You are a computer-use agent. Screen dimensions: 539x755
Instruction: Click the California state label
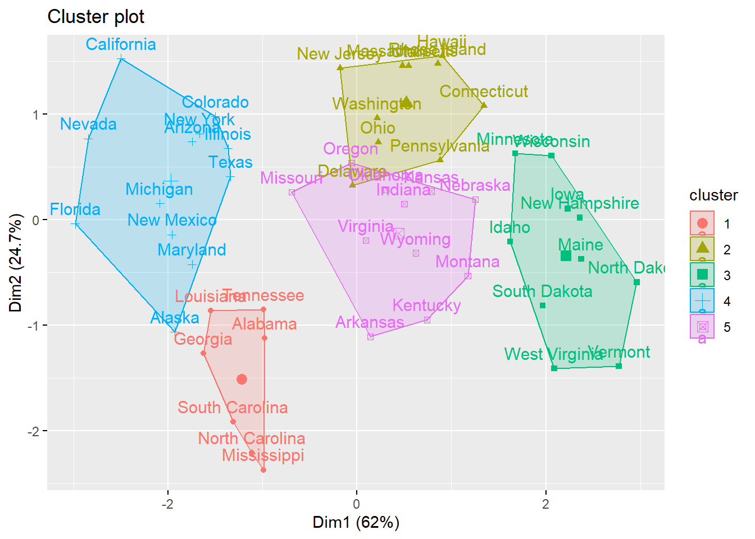click(x=121, y=44)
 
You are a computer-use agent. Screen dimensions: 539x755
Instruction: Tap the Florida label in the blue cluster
click(x=75, y=209)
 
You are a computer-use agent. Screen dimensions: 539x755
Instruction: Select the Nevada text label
click(x=88, y=124)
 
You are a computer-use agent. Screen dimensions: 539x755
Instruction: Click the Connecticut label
click(x=484, y=92)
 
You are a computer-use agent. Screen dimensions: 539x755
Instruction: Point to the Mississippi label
click(x=263, y=455)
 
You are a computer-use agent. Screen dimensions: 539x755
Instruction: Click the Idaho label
click(x=510, y=227)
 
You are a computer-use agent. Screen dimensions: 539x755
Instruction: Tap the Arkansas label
click(x=370, y=322)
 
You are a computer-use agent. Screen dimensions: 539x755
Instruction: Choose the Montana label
click(x=467, y=262)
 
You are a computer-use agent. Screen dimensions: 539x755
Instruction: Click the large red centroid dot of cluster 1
click(x=242, y=380)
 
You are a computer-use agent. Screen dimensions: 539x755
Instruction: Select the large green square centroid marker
click(x=566, y=256)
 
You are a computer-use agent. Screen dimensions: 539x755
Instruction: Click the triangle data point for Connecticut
click(x=484, y=106)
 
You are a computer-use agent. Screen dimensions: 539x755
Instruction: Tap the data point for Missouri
click(x=292, y=193)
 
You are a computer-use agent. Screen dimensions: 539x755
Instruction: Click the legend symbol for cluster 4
click(x=702, y=301)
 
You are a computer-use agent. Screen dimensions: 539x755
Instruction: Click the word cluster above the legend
click(x=713, y=195)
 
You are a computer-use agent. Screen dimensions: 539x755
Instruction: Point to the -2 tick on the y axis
click(x=35, y=431)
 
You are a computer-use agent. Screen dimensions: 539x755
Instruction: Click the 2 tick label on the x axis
click(x=545, y=504)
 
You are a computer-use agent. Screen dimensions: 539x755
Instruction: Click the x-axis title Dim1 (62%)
click(x=356, y=522)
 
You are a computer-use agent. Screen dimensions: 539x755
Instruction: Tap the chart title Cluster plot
click(x=96, y=17)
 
